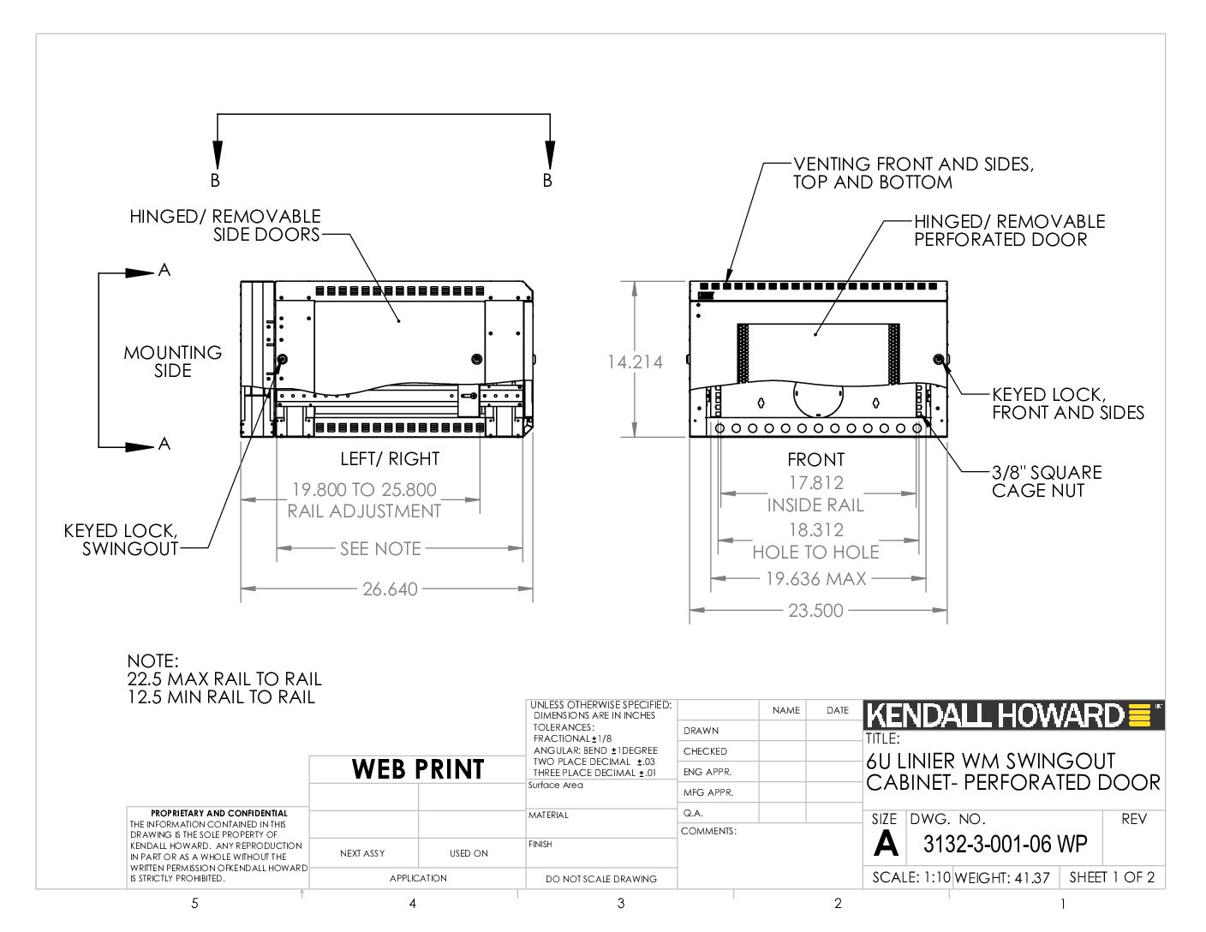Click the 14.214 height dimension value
(635, 361)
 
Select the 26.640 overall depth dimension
(390, 589)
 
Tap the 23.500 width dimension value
(815, 611)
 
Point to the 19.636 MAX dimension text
(815, 579)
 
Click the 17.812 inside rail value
(815, 483)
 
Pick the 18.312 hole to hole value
(815, 530)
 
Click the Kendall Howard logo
(1013, 715)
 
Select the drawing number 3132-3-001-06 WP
(1005, 844)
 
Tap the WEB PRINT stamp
(418, 769)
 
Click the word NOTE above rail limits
(152, 661)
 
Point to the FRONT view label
(815, 460)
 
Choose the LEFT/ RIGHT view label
(390, 459)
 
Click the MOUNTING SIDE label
(173, 361)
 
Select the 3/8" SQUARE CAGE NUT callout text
(1047, 481)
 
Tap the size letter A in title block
(886, 844)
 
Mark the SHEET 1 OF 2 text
(1112, 877)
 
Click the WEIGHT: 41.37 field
(1002, 877)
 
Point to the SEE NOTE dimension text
(380, 549)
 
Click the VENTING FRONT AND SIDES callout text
(913, 173)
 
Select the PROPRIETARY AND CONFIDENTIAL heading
(218, 813)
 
